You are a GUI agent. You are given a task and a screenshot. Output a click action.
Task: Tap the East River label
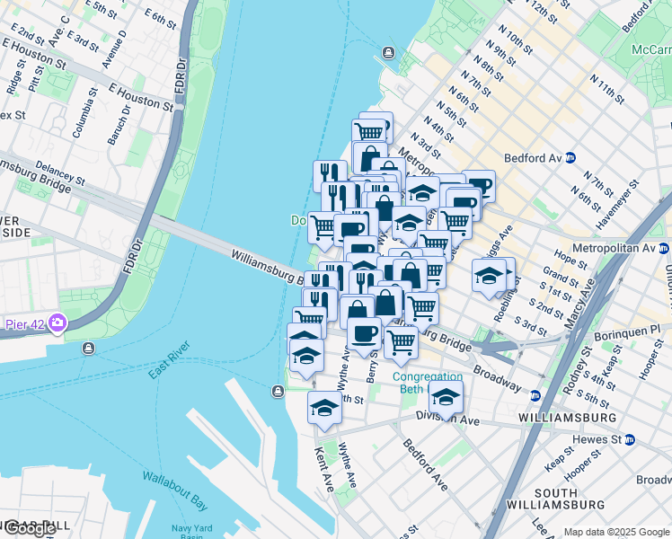coord(170,358)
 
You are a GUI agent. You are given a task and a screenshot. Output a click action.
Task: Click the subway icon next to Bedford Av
coord(570,158)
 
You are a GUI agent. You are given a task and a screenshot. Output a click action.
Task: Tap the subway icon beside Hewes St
coord(629,439)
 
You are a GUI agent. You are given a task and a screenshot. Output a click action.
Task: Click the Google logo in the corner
coord(30,528)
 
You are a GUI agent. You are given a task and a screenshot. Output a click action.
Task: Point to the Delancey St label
coord(61,173)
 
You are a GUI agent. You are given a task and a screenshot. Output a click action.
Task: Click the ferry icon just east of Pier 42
coord(89,348)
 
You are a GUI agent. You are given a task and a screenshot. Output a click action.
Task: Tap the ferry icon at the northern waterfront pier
coord(388,52)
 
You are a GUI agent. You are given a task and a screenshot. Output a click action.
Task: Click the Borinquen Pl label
coord(627,333)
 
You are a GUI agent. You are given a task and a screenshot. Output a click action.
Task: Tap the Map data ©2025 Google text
coord(616,532)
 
